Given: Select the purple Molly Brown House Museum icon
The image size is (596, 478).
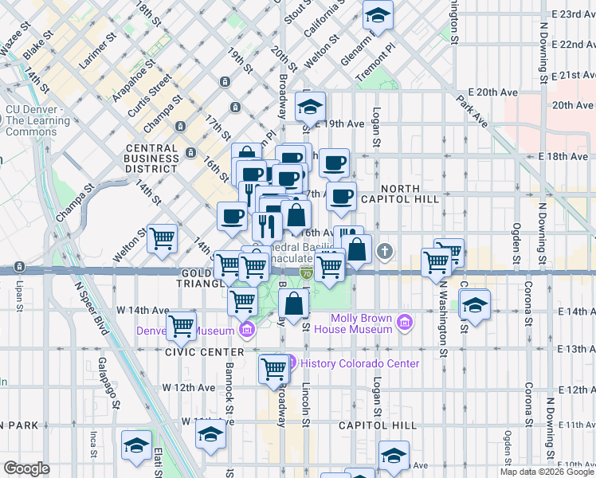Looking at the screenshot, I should point(406,323).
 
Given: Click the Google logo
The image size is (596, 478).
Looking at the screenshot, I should point(26,468).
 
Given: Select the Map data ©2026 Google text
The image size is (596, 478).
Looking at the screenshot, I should point(547,472).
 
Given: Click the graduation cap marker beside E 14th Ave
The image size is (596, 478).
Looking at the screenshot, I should point(475,304).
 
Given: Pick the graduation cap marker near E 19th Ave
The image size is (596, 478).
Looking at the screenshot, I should point(310,105).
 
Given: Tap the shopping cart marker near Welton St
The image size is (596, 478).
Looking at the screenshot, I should point(163,237).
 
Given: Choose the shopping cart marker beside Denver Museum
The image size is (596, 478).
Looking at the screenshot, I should point(182,324).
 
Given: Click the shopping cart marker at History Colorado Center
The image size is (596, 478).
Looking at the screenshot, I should point(273,368).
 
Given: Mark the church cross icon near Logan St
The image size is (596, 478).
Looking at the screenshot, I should point(386,253).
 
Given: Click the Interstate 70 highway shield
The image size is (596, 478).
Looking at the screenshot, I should point(305,272).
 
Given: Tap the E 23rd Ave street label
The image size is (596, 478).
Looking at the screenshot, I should point(572,14).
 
